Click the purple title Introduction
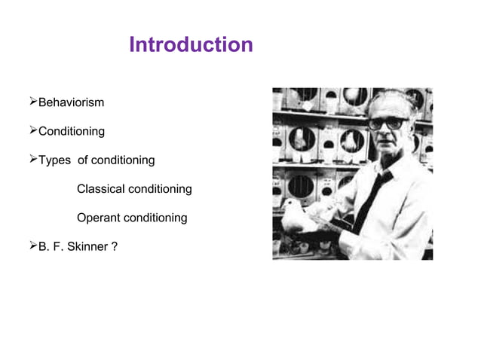point(191,45)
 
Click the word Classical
point(101,188)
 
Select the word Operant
point(98,218)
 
